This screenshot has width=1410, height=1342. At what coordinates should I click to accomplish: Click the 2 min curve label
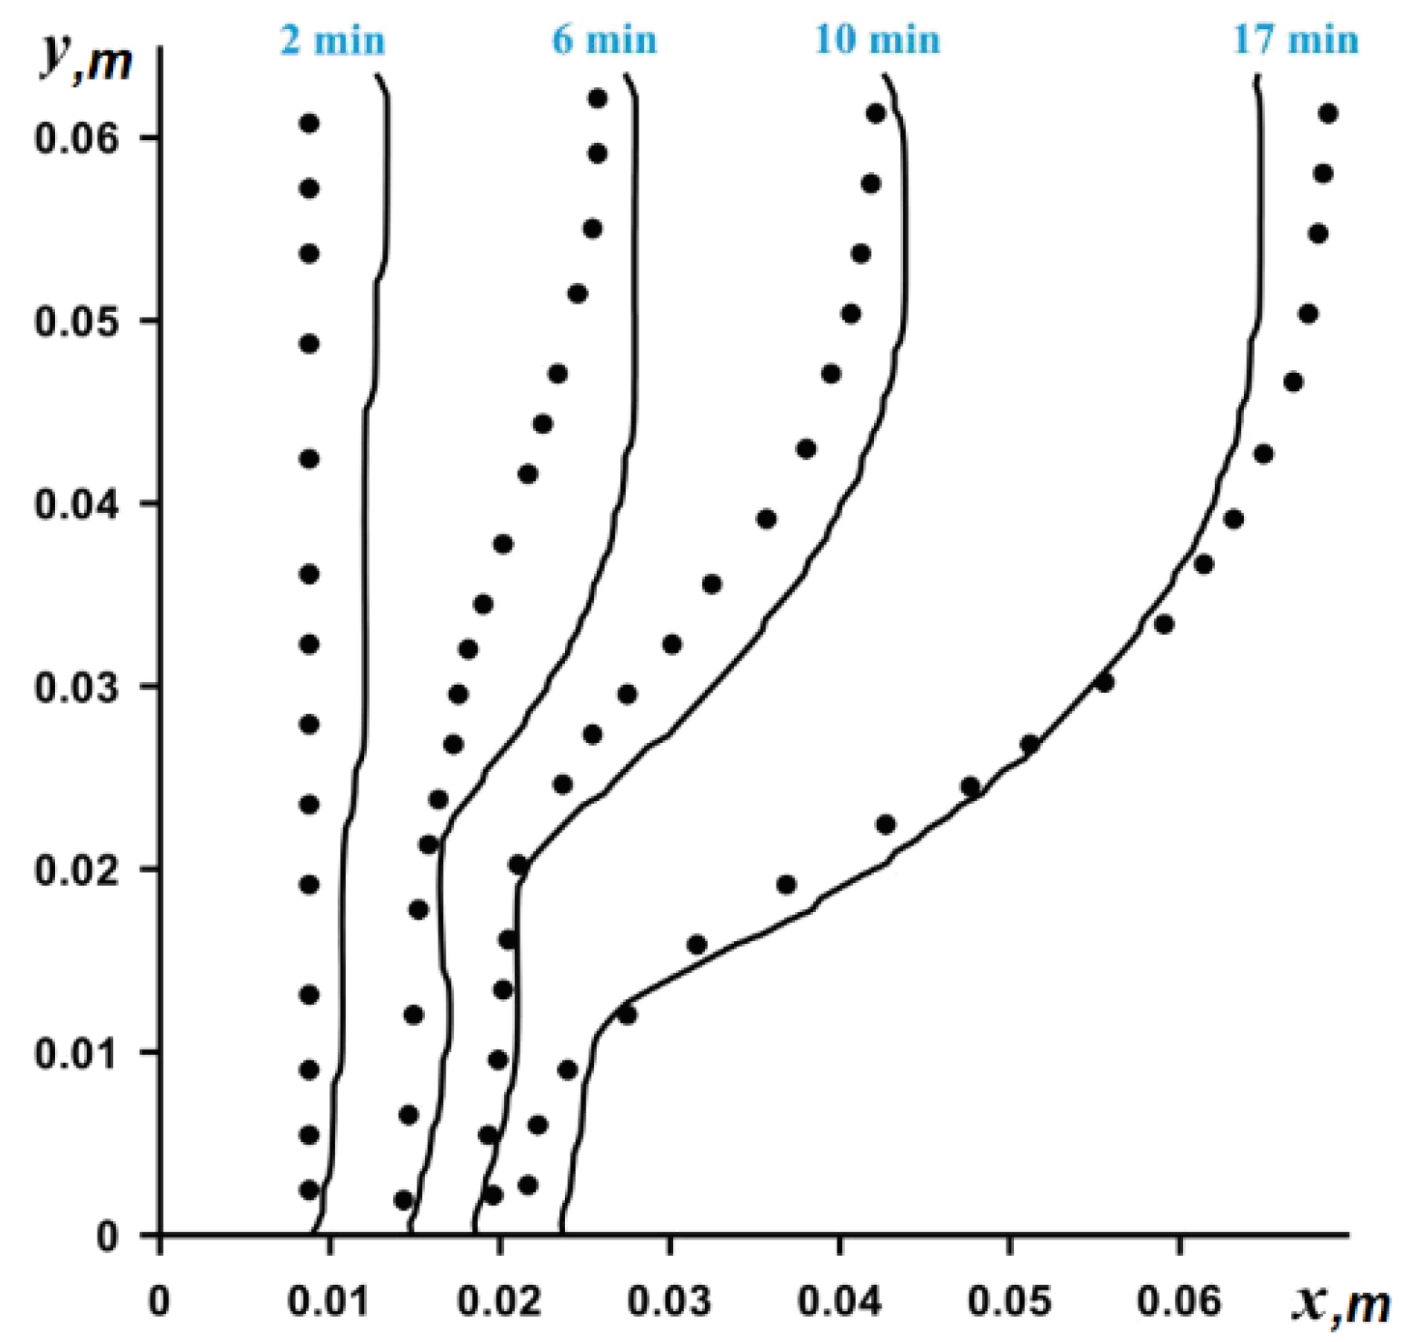point(332,41)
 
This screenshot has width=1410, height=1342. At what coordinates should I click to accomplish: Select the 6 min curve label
point(605,41)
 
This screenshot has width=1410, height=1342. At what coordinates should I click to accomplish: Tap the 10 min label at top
point(877,41)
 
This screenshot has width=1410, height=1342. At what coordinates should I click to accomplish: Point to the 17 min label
point(1295,41)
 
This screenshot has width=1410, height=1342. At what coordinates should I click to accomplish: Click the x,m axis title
point(1340,1303)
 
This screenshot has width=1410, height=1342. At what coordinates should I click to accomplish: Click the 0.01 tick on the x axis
point(328,1301)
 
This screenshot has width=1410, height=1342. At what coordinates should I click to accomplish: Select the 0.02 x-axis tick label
point(499,1301)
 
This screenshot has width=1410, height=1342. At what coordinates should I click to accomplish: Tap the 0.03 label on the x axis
point(669,1301)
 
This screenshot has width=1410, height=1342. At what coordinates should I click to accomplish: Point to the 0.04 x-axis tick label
point(839,1301)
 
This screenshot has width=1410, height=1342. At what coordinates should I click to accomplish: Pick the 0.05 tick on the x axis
point(1009,1301)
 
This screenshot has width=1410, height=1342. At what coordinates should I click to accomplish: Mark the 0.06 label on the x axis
point(1179,1301)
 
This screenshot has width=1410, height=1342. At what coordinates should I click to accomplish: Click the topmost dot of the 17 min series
point(1328,114)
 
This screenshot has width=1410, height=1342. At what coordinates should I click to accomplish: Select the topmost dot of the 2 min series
point(309,124)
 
